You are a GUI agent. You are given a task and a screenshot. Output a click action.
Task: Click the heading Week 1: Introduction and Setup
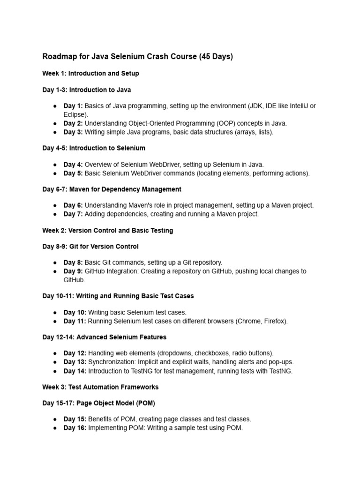90,74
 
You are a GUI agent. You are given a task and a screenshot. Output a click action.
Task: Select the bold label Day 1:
73,106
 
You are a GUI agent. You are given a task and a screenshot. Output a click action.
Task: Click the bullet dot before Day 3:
55,132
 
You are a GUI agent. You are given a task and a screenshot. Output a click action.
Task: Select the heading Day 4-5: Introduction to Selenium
94,148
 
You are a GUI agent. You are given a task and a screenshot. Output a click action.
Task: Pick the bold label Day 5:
73,173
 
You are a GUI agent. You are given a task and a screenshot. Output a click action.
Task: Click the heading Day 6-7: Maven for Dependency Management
112,189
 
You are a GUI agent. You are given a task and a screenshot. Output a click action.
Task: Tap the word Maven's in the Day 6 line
143,205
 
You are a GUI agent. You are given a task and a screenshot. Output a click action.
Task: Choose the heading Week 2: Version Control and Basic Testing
108,231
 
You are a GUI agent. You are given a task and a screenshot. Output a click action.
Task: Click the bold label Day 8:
73,262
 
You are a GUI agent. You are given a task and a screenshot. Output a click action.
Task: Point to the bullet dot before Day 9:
55,271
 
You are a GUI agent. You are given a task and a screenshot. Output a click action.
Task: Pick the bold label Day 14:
75,371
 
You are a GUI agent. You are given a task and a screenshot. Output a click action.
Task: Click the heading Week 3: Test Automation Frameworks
100,387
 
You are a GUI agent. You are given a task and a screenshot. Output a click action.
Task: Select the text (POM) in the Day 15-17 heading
144,403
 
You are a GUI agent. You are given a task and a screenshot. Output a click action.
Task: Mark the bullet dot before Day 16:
55,428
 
